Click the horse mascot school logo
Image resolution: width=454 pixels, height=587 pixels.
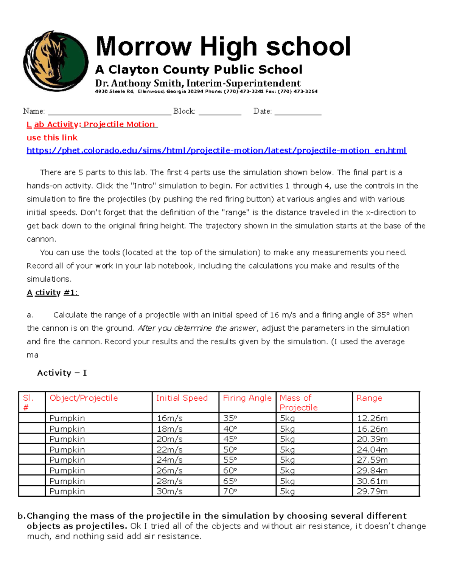(x=56, y=61)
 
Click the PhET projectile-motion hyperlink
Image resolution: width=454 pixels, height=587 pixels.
(x=216, y=150)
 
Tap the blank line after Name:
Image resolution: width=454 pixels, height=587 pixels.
(x=110, y=112)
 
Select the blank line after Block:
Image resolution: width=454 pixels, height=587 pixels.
(x=220, y=112)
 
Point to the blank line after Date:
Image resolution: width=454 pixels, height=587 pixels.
(x=298, y=112)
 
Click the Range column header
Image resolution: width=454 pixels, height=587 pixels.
(x=369, y=398)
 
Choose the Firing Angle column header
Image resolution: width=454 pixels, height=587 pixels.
(x=247, y=398)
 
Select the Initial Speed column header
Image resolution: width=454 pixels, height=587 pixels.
(x=182, y=398)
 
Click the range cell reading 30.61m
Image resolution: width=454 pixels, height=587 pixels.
(x=372, y=481)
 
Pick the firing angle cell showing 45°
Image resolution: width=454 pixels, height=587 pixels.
(x=230, y=439)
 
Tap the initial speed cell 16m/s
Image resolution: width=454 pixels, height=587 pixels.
(x=169, y=418)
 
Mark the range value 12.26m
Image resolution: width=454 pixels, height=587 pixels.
(x=372, y=418)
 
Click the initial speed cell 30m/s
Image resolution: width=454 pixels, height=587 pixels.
(x=169, y=491)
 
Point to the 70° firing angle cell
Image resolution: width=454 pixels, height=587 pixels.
(x=230, y=491)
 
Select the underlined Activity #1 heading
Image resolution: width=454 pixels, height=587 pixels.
(x=53, y=293)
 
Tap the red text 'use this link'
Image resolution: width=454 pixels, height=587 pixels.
(x=52, y=138)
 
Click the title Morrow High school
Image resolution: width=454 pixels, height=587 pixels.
(x=223, y=46)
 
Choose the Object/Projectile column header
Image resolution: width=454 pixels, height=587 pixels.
(x=84, y=398)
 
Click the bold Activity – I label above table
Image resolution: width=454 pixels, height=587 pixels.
(x=62, y=373)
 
